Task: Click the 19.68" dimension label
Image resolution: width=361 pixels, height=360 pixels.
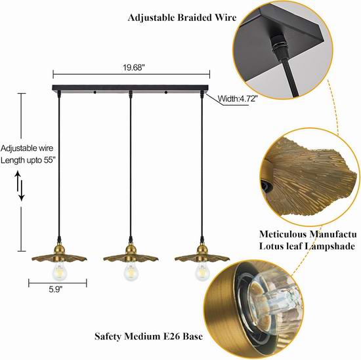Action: point(133,68)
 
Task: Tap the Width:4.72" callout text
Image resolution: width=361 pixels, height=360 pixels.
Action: point(238,98)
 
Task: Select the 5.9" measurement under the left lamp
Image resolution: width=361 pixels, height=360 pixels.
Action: point(56,289)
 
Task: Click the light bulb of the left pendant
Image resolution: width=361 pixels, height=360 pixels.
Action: point(59,271)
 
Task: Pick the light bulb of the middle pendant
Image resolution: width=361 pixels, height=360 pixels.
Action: point(131,271)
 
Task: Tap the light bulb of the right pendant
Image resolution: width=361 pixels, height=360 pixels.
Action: point(202,271)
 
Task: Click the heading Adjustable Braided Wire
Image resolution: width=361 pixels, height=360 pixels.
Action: point(182,18)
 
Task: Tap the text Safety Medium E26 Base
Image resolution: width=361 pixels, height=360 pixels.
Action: point(149,336)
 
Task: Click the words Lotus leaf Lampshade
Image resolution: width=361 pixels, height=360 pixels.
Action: point(307,246)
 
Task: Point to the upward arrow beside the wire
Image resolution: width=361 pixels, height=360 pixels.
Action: point(18,181)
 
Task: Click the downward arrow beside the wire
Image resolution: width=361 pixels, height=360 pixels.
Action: point(22,190)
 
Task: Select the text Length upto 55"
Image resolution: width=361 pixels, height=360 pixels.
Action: point(28,160)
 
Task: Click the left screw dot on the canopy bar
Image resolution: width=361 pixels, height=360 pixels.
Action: point(95,92)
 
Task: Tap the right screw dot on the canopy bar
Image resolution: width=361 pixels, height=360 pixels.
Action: point(166,92)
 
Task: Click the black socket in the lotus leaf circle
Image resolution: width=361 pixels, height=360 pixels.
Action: point(266,186)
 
